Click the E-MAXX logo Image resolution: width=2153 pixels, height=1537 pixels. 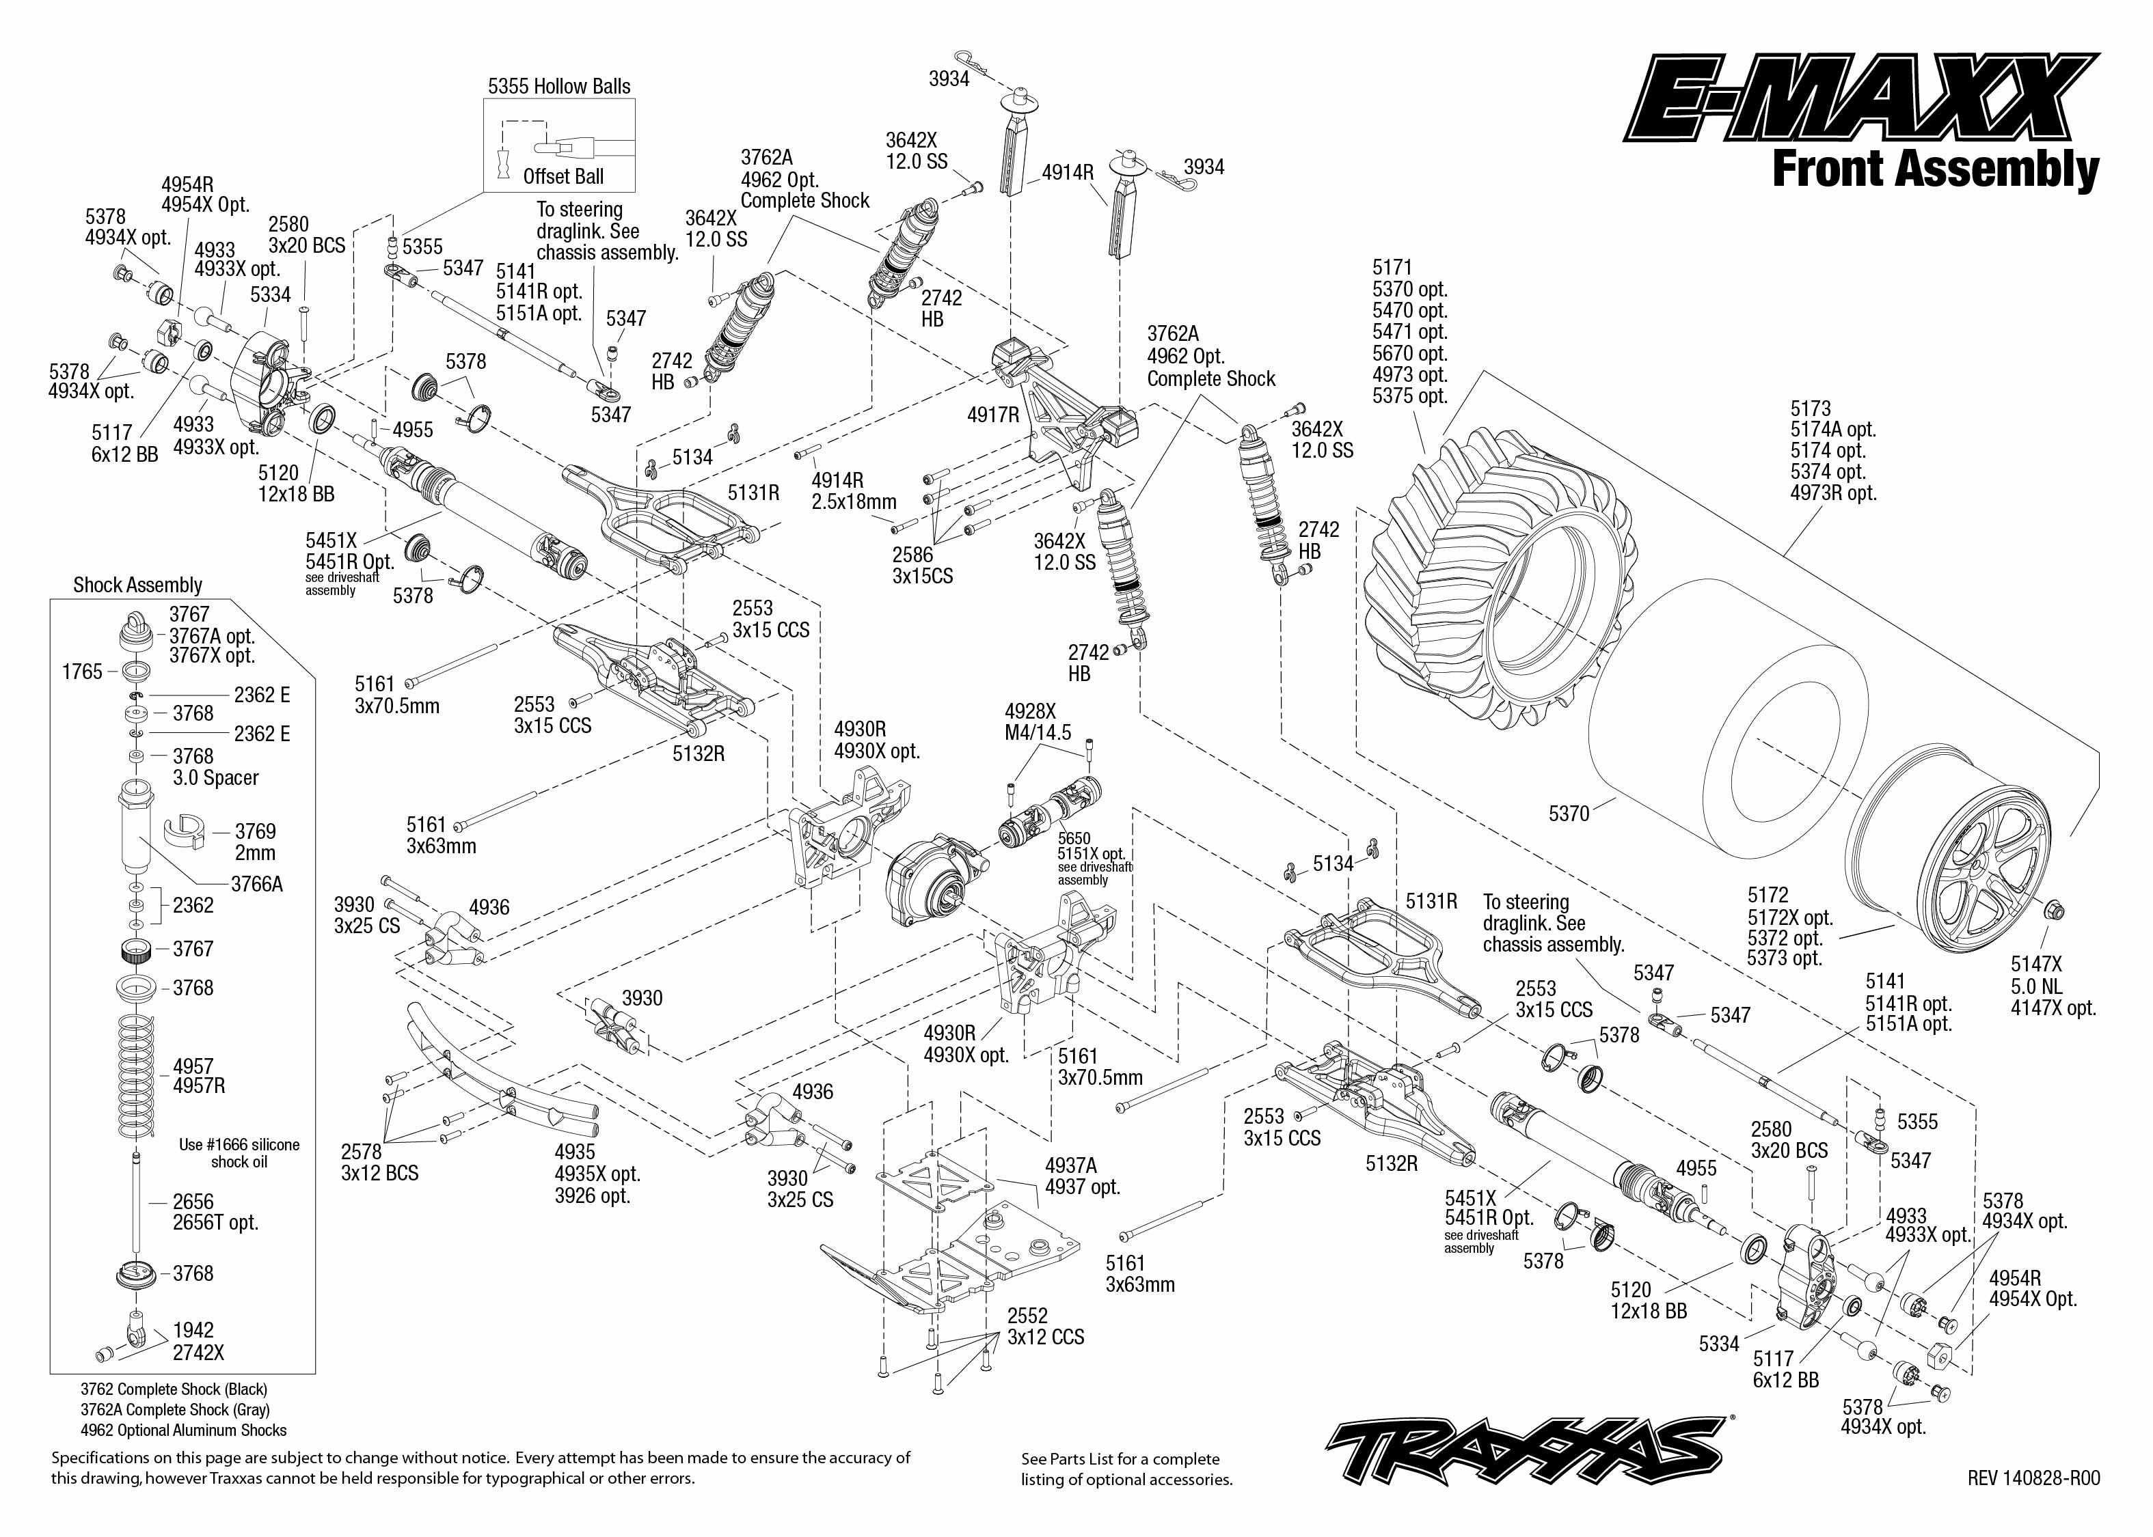[x=1861, y=99]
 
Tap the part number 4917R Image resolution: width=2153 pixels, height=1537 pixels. [x=993, y=415]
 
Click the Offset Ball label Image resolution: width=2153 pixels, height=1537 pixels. [x=563, y=177]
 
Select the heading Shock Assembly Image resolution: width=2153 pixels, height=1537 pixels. [x=138, y=585]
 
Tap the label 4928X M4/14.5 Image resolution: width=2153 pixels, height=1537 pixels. [x=1038, y=722]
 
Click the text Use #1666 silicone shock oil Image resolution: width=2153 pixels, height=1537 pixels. [x=239, y=1153]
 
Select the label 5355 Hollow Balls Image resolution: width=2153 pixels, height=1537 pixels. [x=558, y=86]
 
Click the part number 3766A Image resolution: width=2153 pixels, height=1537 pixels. [x=256, y=884]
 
